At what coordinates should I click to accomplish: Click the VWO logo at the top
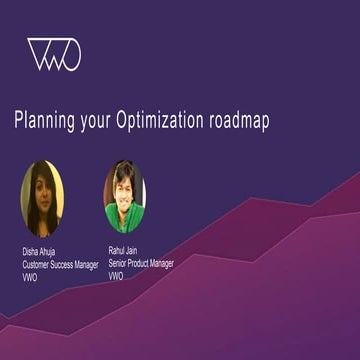point(54,54)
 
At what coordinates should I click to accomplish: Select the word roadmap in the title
point(239,121)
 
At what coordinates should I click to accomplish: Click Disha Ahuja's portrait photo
point(42,198)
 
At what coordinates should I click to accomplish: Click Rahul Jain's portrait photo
point(124,196)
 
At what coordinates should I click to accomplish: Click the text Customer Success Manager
point(60,264)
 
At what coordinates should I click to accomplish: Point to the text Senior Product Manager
point(141,263)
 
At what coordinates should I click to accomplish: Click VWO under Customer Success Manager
point(30,277)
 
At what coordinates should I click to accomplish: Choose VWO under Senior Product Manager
point(116,276)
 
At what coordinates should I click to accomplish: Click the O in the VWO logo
point(71,55)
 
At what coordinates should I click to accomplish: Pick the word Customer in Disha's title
point(39,264)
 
